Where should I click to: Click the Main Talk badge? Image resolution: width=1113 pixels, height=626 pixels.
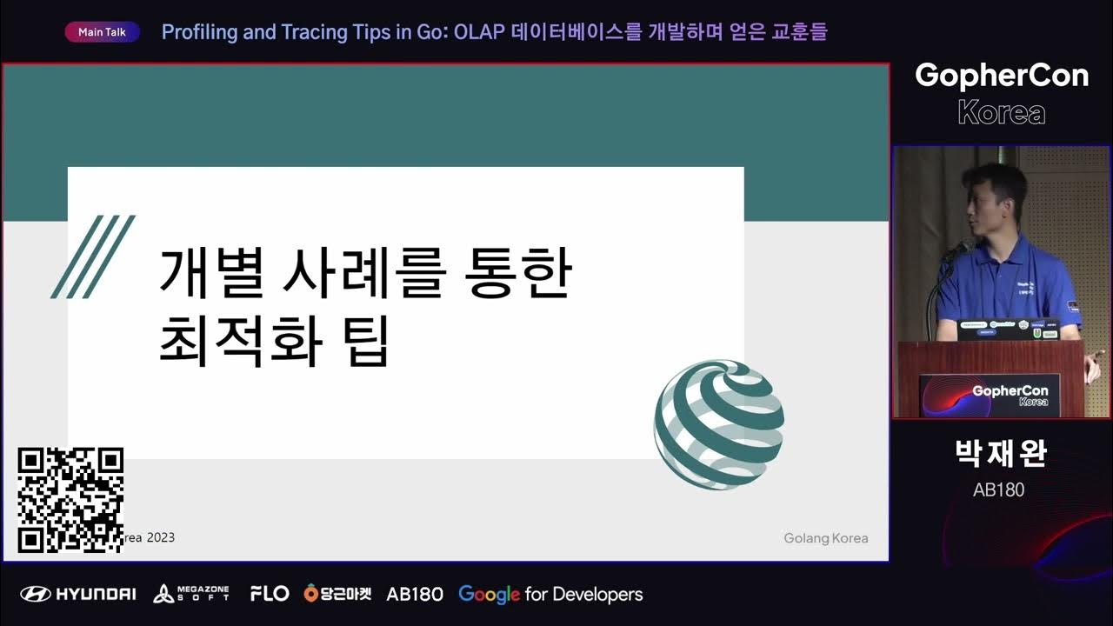click(102, 32)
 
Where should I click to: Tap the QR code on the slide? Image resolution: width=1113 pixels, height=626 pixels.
click(70, 500)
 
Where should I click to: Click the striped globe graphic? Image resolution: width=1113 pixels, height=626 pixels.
click(719, 424)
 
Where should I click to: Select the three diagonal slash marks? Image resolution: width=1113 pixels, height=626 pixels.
click(93, 256)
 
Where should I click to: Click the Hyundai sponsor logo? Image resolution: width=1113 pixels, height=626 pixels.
click(78, 594)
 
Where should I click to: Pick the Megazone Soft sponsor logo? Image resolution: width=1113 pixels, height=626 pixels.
click(191, 594)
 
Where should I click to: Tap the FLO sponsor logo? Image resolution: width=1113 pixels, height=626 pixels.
click(269, 594)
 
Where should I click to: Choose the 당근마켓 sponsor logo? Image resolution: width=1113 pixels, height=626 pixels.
click(337, 594)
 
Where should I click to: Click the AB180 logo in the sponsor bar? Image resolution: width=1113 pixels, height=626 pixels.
click(415, 594)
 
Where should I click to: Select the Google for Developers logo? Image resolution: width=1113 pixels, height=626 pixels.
click(550, 594)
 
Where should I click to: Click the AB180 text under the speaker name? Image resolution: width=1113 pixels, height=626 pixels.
click(999, 489)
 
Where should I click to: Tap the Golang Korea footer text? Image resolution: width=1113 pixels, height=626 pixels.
click(825, 538)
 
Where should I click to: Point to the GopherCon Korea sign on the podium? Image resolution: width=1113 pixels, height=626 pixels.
click(990, 396)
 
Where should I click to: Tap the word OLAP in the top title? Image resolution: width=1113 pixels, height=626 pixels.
click(479, 32)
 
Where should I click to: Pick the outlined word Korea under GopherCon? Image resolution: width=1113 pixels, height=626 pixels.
click(1001, 112)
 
